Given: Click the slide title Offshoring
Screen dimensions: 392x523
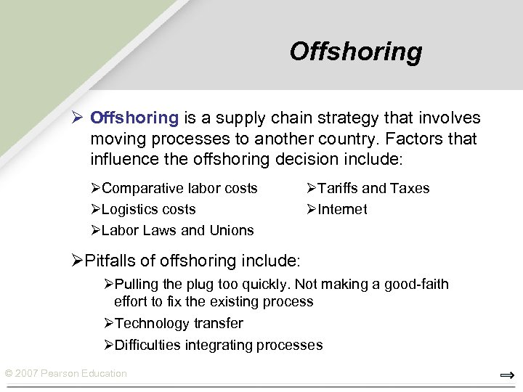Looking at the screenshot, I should pos(355,52).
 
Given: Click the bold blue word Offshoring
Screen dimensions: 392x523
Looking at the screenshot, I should pos(134,118).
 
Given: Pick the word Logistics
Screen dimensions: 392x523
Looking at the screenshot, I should pos(128,209).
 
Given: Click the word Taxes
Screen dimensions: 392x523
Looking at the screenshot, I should pos(410,188).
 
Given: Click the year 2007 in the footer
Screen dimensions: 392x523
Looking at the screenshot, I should pos(28,373).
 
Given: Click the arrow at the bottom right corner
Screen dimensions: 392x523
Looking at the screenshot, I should pos(507,375).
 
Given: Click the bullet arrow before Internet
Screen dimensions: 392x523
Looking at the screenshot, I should pos(310,210).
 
